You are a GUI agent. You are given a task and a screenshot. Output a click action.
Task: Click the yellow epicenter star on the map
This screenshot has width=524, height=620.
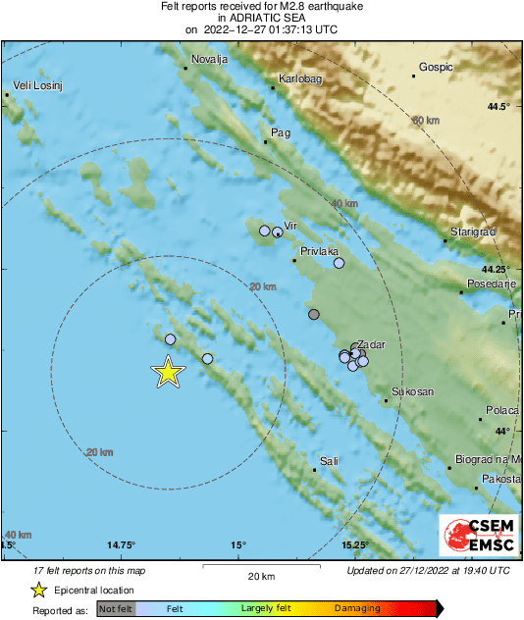[168, 373]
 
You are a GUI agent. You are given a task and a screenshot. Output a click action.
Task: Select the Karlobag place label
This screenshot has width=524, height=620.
[298, 77]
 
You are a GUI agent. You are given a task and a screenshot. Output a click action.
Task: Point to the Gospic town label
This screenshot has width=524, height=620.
[435, 67]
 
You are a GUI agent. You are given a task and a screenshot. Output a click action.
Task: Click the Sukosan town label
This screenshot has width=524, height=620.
[412, 391]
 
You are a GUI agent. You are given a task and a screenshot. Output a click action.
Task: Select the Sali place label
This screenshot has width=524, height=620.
[329, 460]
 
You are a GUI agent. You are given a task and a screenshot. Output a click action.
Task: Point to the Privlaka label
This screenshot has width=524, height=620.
[320, 251]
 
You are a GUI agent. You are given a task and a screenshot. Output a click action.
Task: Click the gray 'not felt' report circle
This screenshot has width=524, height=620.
[314, 315]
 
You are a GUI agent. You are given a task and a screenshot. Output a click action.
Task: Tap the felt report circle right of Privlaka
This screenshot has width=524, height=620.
[339, 263]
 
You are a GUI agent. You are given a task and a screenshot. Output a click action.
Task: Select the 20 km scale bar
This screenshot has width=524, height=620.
[261, 566]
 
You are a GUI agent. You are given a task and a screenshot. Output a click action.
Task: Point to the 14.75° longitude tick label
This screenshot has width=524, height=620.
[121, 544]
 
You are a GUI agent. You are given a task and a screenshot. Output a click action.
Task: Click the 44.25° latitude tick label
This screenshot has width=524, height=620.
[496, 269]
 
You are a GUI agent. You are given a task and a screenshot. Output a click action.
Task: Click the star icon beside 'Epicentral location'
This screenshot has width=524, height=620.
[38, 590]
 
